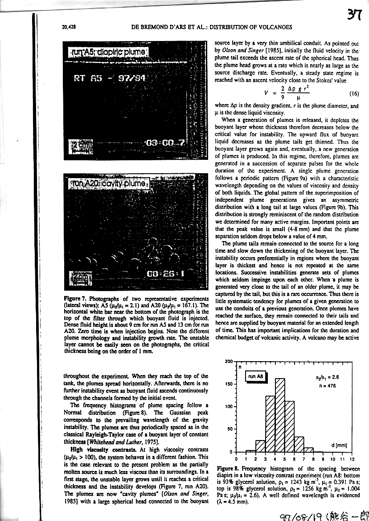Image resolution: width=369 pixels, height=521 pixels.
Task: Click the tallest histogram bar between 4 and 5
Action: pyautogui.click(x=280, y=415)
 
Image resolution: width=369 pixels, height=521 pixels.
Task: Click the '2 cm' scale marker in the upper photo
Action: pyautogui.click(x=80, y=146)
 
